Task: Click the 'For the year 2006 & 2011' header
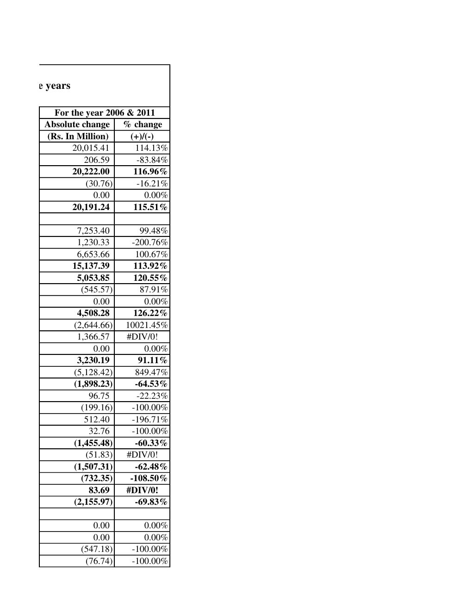(x=105, y=113)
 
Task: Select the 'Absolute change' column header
(x=77, y=124)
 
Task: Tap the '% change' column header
(x=143, y=124)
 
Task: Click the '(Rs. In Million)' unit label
(x=78, y=136)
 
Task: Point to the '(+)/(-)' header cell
(x=142, y=136)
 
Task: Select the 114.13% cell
(x=151, y=148)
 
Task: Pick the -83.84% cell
(x=152, y=160)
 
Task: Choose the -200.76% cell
(x=150, y=242)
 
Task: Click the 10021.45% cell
(x=147, y=325)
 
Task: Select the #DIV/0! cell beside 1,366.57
(x=142, y=337)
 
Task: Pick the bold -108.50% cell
(x=149, y=478)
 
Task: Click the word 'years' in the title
(x=58, y=86)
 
